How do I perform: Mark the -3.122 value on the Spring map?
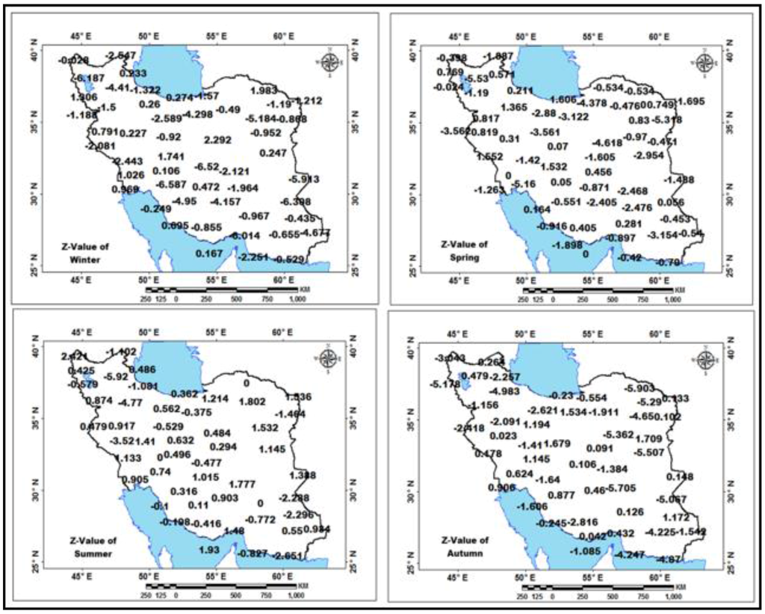click(x=574, y=116)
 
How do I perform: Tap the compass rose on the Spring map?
click(x=704, y=63)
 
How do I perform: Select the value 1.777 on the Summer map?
click(x=243, y=484)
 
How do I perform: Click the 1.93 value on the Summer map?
click(x=208, y=550)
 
